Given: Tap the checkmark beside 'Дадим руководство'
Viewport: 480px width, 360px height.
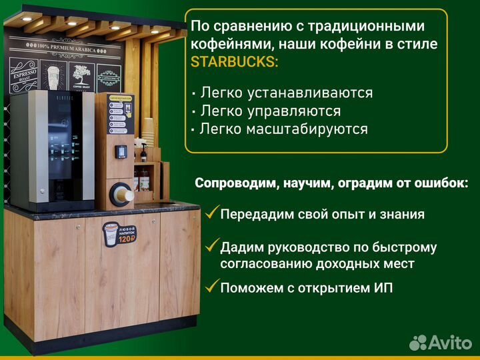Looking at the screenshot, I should pyautogui.click(x=212, y=246).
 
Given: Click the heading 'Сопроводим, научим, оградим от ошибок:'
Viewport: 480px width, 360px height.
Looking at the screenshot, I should pyautogui.click(x=331, y=183).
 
